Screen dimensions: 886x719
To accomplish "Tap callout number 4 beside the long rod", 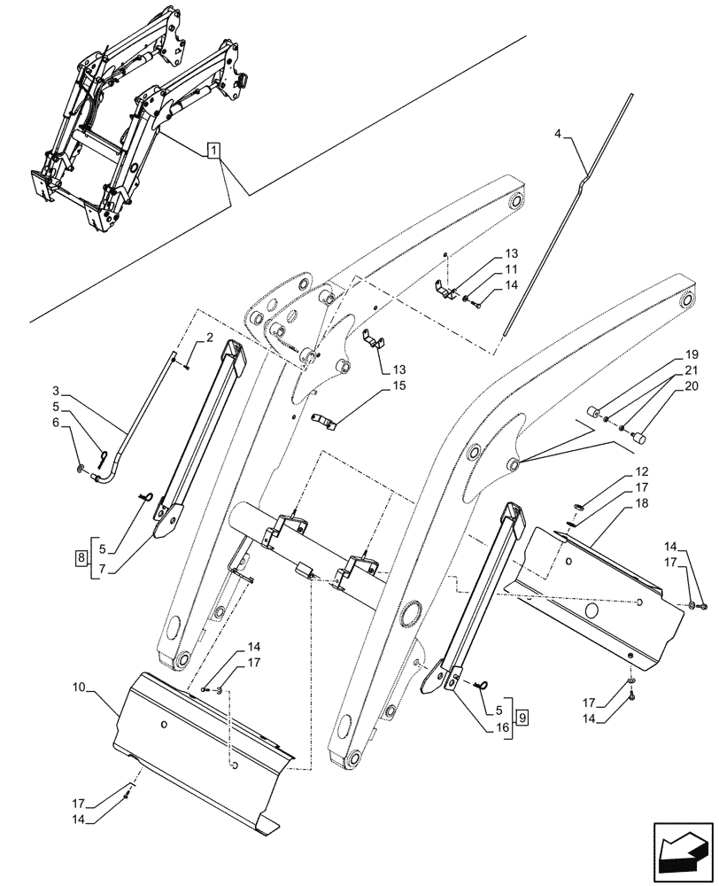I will pyautogui.click(x=557, y=134).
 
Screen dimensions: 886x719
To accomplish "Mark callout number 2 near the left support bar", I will pyautogui.click(x=210, y=337).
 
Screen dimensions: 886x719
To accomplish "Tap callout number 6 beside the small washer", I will pyautogui.click(x=56, y=424).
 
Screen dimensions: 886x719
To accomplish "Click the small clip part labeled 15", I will pyautogui.click(x=326, y=421).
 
